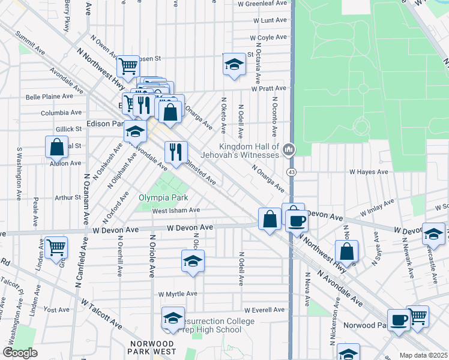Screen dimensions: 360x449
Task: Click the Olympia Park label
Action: (x=163, y=197)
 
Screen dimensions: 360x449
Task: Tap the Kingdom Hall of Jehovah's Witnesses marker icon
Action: (x=289, y=148)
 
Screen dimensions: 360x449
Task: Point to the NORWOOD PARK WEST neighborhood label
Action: (x=152, y=347)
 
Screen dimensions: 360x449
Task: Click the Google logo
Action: (x=20, y=353)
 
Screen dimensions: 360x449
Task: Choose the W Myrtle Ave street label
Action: (x=178, y=294)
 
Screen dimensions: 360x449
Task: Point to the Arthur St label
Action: (x=68, y=197)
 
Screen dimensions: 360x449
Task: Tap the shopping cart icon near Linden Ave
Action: (x=56, y=247)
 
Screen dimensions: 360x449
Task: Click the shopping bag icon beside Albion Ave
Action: (x=56, y=146)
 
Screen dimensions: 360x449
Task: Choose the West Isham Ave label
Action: (x=175, y=210)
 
